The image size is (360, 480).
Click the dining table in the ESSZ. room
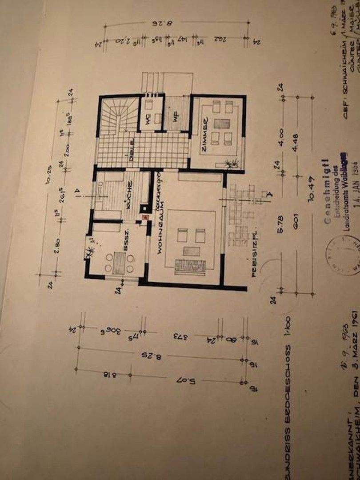119,262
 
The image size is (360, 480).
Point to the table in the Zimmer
221,123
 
